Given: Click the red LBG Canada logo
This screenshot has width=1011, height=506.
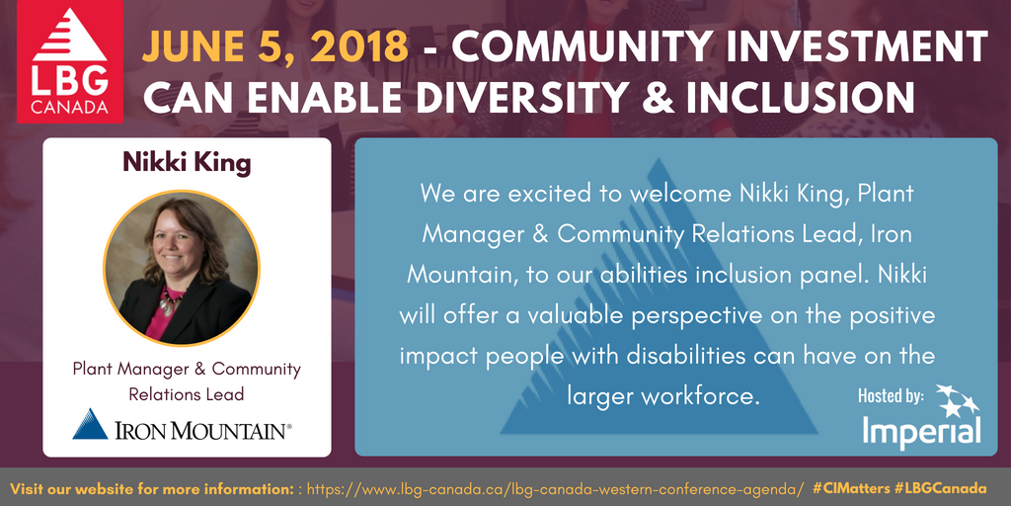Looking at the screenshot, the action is [x=70, y=61].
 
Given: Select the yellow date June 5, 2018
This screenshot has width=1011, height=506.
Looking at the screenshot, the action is [x=274, y=49].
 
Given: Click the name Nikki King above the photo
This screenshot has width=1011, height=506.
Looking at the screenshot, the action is [x=187, y=163].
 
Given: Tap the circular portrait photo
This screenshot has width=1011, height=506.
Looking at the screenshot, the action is [x=182, y=268].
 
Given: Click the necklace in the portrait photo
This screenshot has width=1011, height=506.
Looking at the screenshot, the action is [x=170, y=301].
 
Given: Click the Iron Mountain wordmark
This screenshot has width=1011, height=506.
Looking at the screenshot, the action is [x=203, y=430].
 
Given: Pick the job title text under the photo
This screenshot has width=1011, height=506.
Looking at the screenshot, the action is [x=187, y=381].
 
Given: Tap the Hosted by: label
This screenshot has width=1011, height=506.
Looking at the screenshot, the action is [x=891, y=396].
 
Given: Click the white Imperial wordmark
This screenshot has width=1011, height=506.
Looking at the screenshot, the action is [x=922, y=431].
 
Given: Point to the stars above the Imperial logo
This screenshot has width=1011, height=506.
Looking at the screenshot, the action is [x=957, y=400].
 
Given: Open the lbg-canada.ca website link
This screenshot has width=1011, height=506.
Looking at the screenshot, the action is [x=555, y=488].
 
